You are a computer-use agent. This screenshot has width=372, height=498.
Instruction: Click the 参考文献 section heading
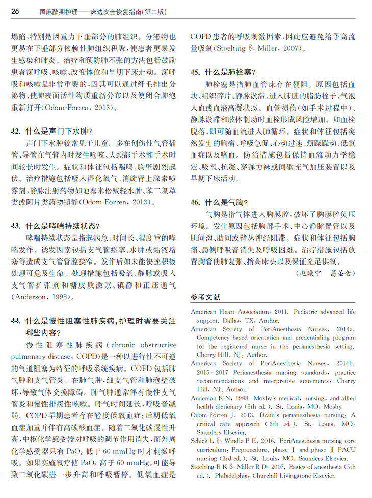[205, 297]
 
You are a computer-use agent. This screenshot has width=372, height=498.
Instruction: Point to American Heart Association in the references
[229, 312]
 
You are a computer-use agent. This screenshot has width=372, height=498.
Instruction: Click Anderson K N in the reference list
[210, 399]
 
